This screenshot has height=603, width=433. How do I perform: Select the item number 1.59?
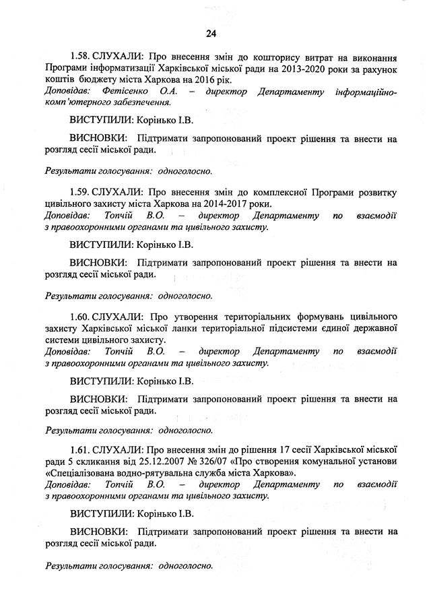pos(81,191)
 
